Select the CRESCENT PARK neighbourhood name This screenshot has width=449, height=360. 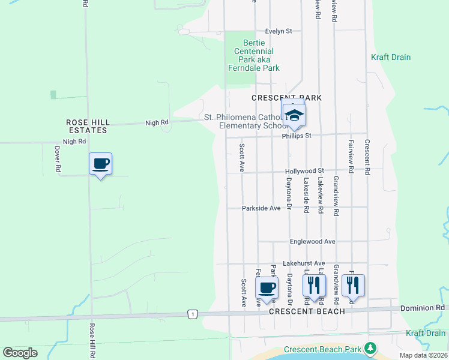pos(286,98)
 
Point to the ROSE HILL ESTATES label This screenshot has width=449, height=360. pos(88,126)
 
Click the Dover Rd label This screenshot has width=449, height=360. pos(58,159)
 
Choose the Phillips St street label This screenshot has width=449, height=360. pos(297,136)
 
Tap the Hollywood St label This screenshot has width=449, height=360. pos(304,171)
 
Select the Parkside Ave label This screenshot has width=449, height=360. pos(261,208)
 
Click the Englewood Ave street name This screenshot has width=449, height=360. pos(312,241)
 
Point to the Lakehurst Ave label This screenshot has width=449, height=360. pos(304,263)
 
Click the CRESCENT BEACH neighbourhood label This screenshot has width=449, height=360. pos(307,311)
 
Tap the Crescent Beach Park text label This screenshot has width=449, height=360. pos(323,349)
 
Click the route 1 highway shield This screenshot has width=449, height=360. pos(191,314)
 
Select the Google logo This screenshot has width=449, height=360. pos(20,353)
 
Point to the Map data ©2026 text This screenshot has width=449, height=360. pos(423,355)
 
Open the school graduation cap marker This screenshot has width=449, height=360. pos(294,116)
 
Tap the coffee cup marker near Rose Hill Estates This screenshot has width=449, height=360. pos(100,164)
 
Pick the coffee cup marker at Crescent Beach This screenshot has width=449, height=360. pos(267,287)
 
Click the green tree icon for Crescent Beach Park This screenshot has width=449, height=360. pos(371,347)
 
